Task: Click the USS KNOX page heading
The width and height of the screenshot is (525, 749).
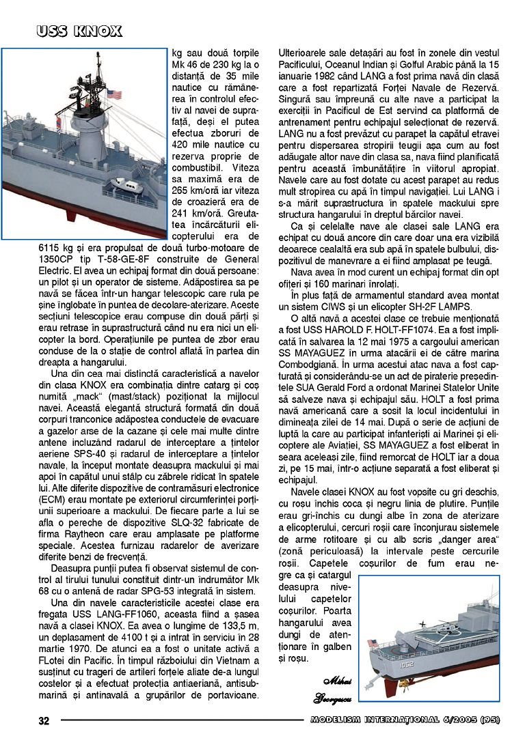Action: [x=79, y=31]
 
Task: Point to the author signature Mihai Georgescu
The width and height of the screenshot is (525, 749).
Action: [x=330, y=690]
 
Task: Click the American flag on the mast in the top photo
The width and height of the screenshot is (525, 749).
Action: [x=113, y=95]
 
